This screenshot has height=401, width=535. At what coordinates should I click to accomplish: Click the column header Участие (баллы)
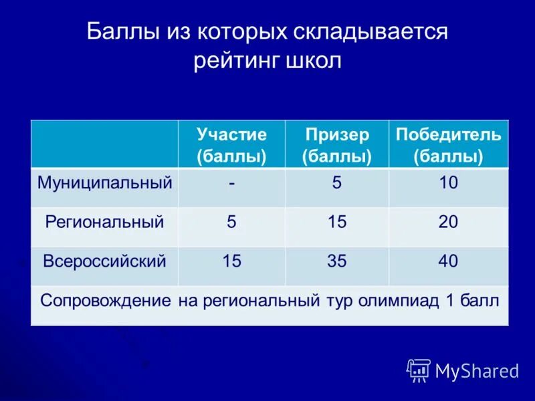[x=231, y=145]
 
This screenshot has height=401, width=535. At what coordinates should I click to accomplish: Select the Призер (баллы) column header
[x=337, y=145]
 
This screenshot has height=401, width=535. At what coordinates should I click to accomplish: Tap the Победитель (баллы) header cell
[x=448, y=145]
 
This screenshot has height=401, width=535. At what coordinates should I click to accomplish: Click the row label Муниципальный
[x=105, y=182]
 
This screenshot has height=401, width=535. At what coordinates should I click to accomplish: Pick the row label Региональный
[x=104, y=222]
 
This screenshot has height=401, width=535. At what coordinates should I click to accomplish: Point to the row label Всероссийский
[x=104, y=261]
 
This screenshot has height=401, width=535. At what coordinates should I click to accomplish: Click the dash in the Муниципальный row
[x=231, y=182]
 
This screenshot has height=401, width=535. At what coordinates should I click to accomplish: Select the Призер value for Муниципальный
[x=337, y=182]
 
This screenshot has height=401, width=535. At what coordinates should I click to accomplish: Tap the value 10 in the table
[x=448, y=182]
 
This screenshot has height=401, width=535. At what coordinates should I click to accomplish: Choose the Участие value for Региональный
[x=231, y=222]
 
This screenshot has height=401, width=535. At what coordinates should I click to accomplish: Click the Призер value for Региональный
[x=337, y=222]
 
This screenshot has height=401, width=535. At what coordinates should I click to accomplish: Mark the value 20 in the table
[x=448, y=222]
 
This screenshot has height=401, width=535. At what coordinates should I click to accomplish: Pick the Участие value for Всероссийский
[x=231, y=261]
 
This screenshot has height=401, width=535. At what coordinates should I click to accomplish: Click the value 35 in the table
[x=337, y=261]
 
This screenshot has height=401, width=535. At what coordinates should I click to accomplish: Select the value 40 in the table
[x=448, y=261]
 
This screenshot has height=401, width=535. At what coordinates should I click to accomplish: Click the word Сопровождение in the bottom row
[x=106, y=300]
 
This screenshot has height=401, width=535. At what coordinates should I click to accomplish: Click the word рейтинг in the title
[x=237, y=61]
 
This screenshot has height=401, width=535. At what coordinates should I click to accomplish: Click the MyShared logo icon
[x=419, y=370]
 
